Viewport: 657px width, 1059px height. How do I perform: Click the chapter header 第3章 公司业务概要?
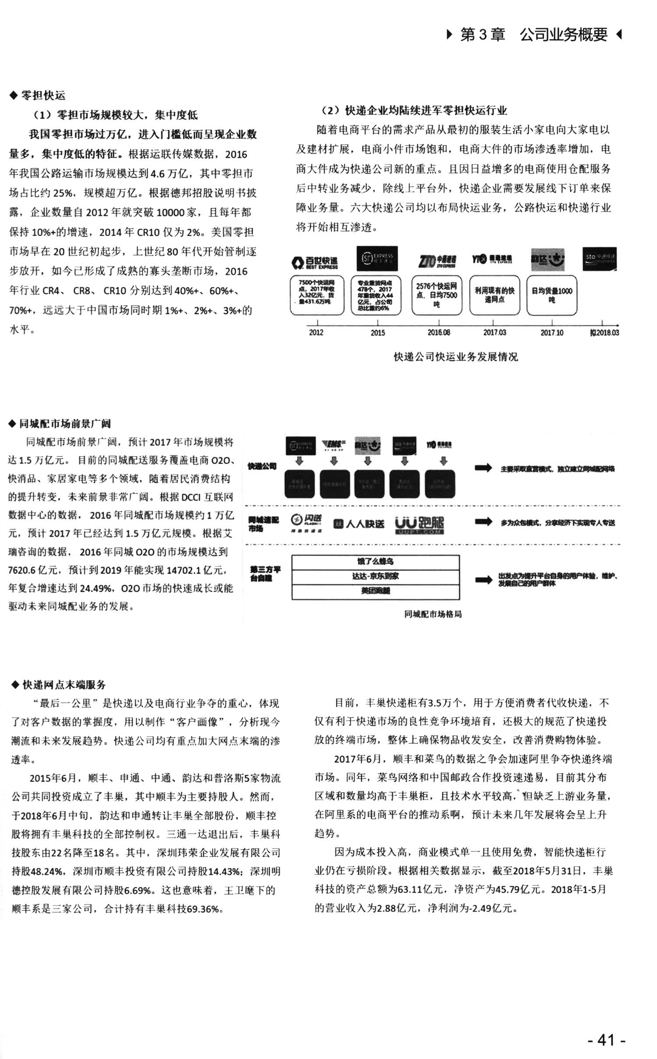pos(533,34)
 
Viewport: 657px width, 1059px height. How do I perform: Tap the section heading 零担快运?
pos(42,95)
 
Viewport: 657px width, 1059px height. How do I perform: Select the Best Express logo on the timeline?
pos(315,262)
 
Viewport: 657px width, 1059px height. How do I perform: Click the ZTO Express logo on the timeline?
pos(437,261)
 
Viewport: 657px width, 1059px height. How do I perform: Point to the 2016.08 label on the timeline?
pos(438,333)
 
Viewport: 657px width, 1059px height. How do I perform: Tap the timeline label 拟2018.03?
pos(604,333)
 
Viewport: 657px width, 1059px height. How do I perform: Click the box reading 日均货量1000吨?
pos(551,295)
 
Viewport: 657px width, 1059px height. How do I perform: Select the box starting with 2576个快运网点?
pos(436,295)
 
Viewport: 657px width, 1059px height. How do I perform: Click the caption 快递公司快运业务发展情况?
pos(456,357)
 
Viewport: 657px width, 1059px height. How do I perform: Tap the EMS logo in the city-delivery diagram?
pos(334,445)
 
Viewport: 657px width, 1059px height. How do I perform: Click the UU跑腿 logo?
pos(419,524)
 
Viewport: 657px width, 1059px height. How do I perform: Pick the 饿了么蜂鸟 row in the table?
pos(375,561)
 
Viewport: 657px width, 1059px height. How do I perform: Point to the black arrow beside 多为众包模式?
pos(483,522)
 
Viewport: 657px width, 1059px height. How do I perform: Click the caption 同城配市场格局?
pos(433,614)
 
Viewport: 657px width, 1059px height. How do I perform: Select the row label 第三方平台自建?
pos(265,574)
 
